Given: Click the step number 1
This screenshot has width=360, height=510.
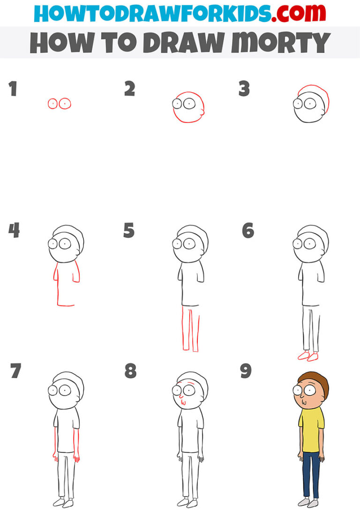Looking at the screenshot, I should point(12,89).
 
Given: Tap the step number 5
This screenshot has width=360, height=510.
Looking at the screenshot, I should point(129,231).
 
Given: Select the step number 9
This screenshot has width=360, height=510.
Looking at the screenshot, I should point(246,371).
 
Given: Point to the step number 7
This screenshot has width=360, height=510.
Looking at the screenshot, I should point(15,371).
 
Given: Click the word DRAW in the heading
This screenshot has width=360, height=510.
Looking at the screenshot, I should point(183,43).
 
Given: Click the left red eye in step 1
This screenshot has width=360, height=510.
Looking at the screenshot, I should point(52,104).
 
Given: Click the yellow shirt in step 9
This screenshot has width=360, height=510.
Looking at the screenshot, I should point(311,429).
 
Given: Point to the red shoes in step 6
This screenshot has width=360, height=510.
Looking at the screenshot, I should point(307,357).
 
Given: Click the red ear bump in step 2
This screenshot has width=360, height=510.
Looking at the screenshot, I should point(202,112).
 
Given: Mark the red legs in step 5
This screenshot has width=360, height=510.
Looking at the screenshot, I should point(191,328).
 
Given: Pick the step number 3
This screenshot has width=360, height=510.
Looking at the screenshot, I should point(244,89).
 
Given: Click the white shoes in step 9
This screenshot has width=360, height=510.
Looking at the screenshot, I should point(310,502).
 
